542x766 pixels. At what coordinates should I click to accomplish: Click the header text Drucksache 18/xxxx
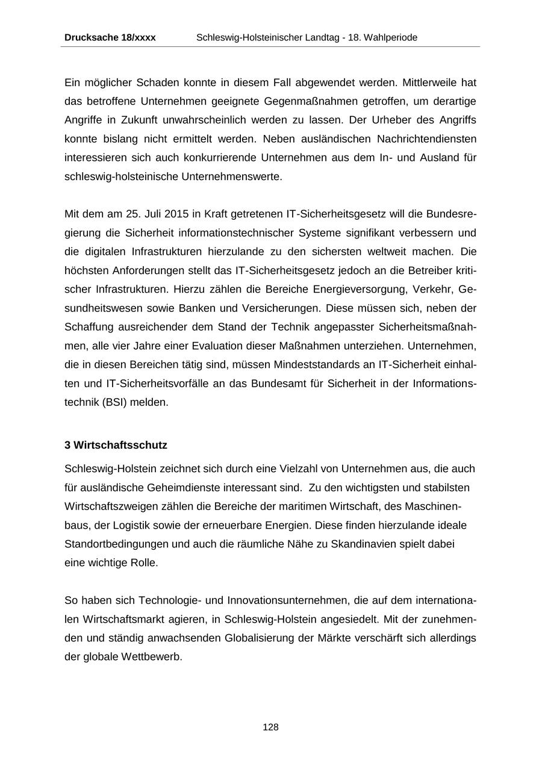tap(110, 37)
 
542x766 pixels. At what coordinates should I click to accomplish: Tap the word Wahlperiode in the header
tap(390, 37)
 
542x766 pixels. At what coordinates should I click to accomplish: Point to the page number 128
tap(270, 727)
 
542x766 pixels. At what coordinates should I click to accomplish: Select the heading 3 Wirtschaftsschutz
tap(116, 445)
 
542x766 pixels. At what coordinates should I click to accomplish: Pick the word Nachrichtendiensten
tap(426, 139)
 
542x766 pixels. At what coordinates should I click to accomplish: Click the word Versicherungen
tap(281, 308)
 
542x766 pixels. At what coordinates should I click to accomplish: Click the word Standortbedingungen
tap(116, 544)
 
